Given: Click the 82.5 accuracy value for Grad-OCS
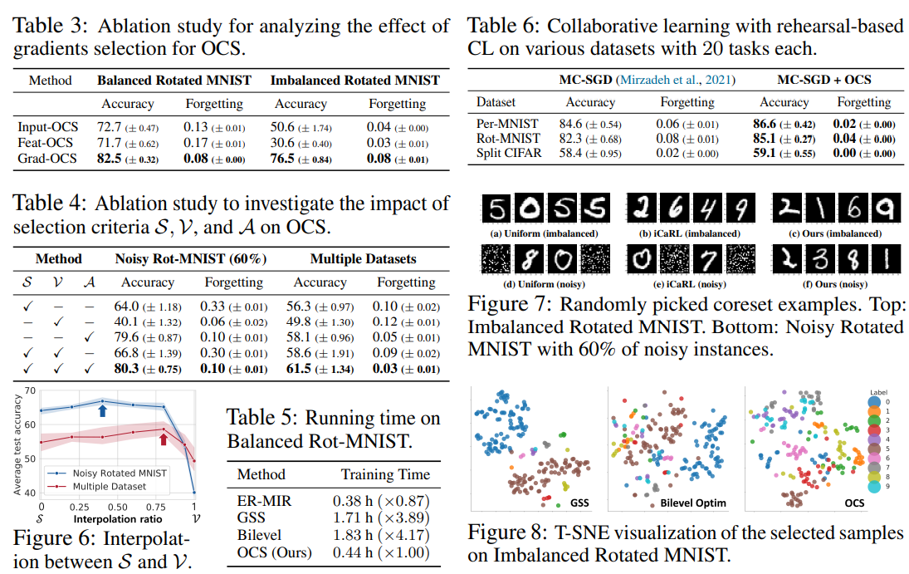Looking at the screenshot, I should tap(110, 159).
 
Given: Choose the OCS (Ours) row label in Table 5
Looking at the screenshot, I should tap(273, 552).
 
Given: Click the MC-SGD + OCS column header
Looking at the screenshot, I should tap(823, 80).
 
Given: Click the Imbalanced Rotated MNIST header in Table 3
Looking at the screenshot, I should tap(355, 81).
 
